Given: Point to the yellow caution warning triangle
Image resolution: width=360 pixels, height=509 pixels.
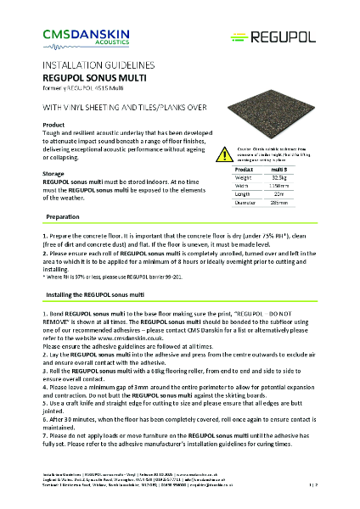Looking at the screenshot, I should click(222, 154).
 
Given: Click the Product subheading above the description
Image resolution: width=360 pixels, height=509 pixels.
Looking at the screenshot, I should click(53, 125).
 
